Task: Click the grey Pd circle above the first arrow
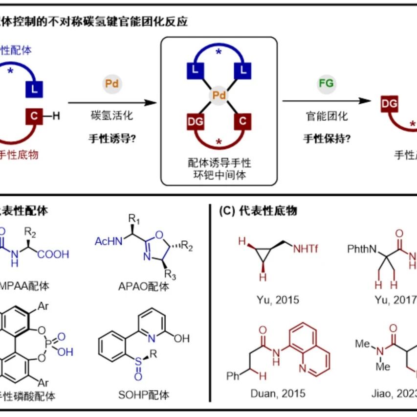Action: click(x=112, y=84)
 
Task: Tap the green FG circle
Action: click(x=326, y=83)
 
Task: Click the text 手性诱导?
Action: click(x=112, y=138)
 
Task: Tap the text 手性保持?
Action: click(x=326, y=138)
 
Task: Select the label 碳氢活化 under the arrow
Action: click(x=112, y=116)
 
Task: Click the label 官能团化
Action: click(x=326, y=116)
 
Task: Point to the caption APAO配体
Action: click(x=144, y=286)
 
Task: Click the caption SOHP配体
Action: click(x=144, y=394)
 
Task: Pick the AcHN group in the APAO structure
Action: click(x=106, y=241)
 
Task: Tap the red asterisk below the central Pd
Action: click(x=219, y=142)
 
